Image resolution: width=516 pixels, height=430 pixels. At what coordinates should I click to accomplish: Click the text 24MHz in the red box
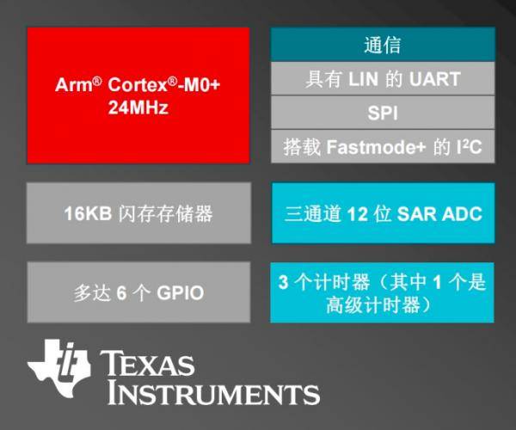coord(138,107)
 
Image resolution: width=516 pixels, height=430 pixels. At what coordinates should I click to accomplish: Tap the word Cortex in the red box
coord(138,84)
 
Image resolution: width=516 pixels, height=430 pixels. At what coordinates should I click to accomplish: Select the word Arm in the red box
coord(74,84)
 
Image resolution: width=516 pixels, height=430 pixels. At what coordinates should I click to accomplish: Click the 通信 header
coord(383,45)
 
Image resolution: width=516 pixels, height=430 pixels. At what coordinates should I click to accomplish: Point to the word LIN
coord(363,79)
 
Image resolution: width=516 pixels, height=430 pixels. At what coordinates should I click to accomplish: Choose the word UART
coord(434,79)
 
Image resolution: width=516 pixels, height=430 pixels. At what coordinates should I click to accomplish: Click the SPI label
coord(383,114)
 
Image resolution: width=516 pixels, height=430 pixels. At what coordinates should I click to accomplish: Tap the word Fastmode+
coord(376,147)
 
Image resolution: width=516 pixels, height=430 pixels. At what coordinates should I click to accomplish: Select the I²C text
coord(470,147)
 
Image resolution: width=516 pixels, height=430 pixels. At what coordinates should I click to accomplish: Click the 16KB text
coord(88,213)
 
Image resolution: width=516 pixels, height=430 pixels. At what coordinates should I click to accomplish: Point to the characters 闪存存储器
coord(165,213)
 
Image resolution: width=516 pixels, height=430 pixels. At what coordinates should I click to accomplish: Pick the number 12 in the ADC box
coord(358,214)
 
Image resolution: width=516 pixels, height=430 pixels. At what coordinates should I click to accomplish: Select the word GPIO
coord(181,292)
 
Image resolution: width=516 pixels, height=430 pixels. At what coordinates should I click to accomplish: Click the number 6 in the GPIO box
coord(121,292)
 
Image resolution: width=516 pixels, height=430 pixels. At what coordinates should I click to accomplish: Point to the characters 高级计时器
coord(373,304)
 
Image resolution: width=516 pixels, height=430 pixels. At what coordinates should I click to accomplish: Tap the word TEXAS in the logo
coord(147,363)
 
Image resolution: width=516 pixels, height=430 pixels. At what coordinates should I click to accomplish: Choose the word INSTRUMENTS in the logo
coord(213,393)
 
